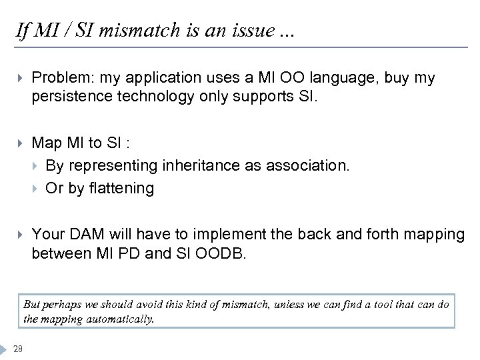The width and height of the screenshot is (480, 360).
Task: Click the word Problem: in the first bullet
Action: click(61, 78)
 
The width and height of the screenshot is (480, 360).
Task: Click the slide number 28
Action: click(18, 346)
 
